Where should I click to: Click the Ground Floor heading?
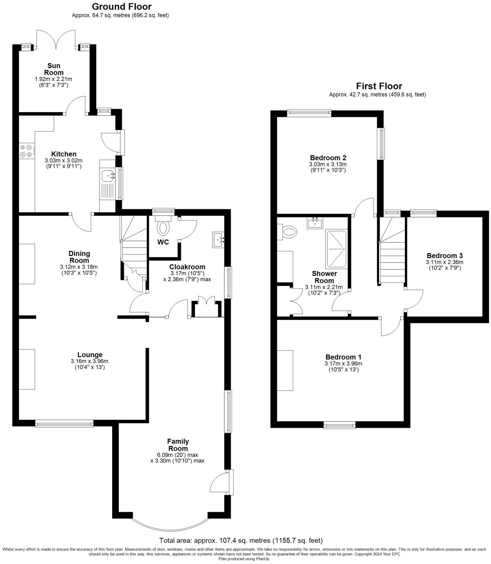[x=121, y=6]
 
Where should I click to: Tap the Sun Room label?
[x=54, y=69]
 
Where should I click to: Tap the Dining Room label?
[x=79, y=257]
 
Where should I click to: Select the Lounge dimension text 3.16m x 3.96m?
[x=90, y=361]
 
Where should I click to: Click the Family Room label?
[x=178, y=445]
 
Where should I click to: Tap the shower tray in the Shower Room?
[x=336, y=249]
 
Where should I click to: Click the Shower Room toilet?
[x=289, y=232]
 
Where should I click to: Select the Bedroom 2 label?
[x=328, y=158]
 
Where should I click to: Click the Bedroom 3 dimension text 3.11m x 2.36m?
[x=444, y=262]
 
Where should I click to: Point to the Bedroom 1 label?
[x=343, y=357]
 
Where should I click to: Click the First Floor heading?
[x=379, y=86]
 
